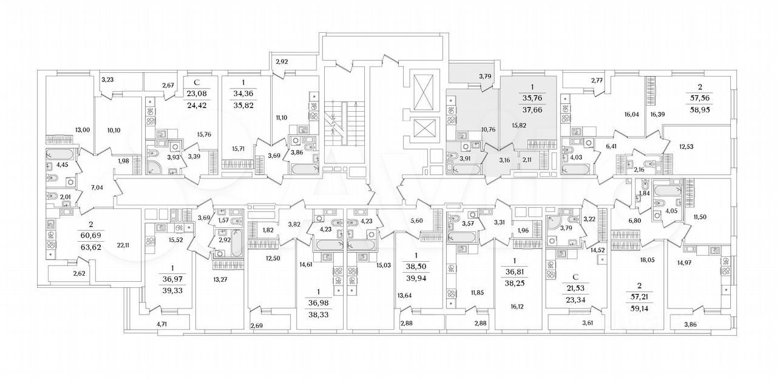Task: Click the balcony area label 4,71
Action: tap(162, 324)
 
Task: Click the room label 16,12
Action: tap(517, 307)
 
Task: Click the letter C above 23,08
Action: tap(196, 83)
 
